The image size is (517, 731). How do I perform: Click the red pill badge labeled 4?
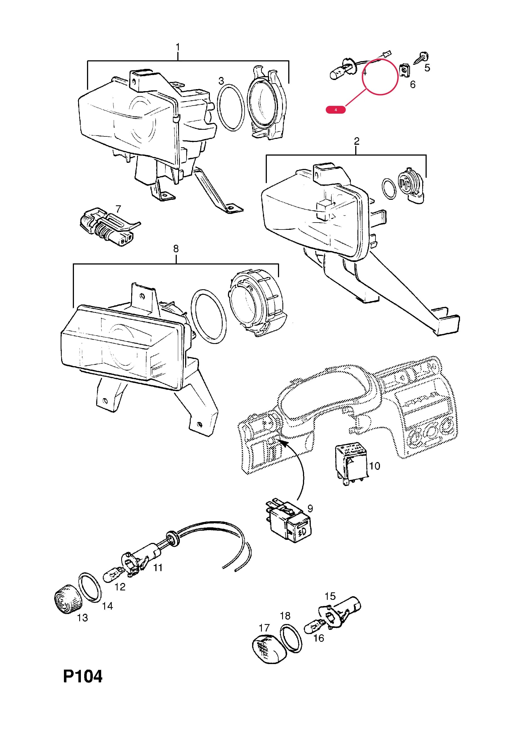(x=335, y=110)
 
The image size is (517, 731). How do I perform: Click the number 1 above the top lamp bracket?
(x=178, y=47)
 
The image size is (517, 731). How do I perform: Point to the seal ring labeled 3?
(x=231, y=107)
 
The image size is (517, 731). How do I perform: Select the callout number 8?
(x=176, y=249)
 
